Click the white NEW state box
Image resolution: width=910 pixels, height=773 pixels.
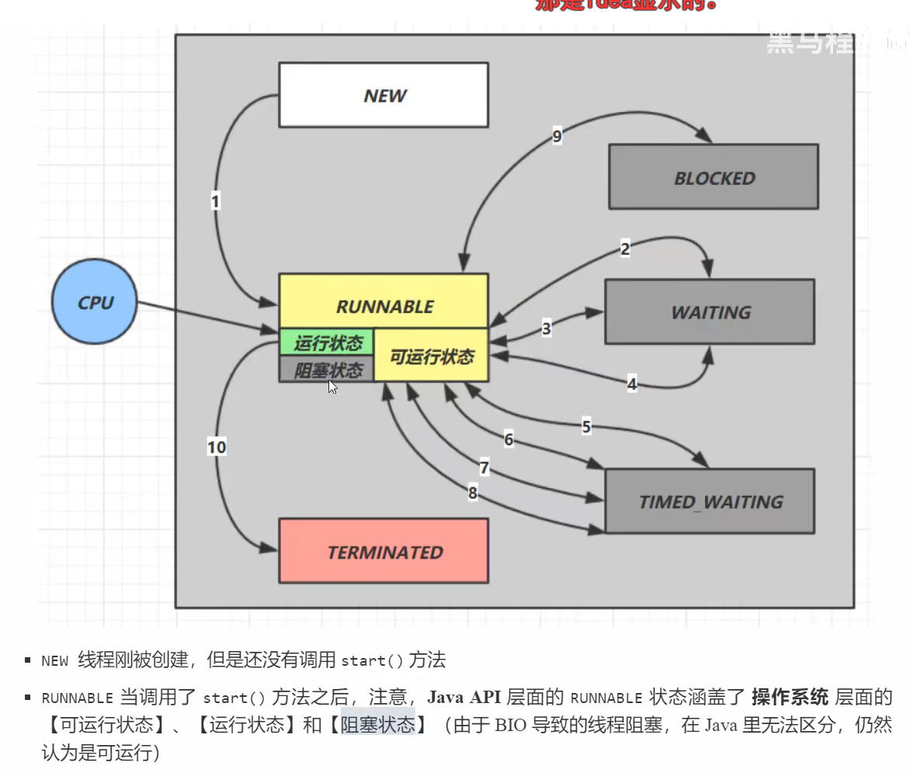pyautogui.click(x=384, y=95)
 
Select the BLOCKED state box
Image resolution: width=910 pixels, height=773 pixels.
pyautogui.click(x=713, y=177)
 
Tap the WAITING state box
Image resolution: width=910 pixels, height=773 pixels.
pyautogui.click(x=710, y=312)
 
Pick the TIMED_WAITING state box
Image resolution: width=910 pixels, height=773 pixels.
pyautogui.click(x=710, y=501)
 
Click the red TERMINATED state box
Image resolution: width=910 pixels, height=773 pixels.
pyautogui.click(x=384, y=552)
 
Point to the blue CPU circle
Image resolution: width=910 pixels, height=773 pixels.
pyautogui.click(x=95, y=301)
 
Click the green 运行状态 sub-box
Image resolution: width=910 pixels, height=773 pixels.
pyautogui.click(x=327, y=342)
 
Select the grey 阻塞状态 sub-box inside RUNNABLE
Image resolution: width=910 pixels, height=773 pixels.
pyautogui.click(x=327, y=369)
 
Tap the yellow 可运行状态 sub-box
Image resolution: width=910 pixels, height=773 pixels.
pyautogui.click(x=431, y=356)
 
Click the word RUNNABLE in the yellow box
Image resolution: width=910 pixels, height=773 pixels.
pyautogui.click(x=384, y=306)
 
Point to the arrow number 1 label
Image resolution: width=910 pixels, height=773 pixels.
pyautogui.click(x=215, y=201)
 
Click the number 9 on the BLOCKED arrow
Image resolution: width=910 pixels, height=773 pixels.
pyautogui.click(x=557, y=137)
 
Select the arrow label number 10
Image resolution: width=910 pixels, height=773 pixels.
pyautogui.click(x=217, y=447)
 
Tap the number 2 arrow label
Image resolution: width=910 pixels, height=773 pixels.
pyautogui.click(x=625, y=249)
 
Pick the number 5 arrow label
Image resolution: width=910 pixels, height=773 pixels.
pyautogui.click(x=586, y=426)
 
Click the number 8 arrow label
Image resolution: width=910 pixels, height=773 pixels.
pyautogui.click(x=472, y=493)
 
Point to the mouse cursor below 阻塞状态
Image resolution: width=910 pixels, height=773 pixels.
pyautogui.click(x=332, y=386)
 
